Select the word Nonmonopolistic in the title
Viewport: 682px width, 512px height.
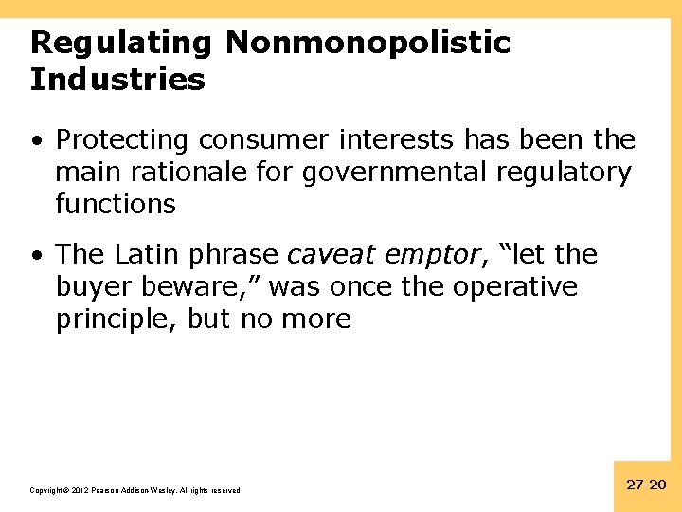(368, 43)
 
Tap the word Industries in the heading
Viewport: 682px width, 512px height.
(117, 80)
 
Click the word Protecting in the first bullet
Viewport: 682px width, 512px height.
(122, 140)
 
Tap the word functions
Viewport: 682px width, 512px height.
(116, 204)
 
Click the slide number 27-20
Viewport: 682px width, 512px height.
(647, 485)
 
